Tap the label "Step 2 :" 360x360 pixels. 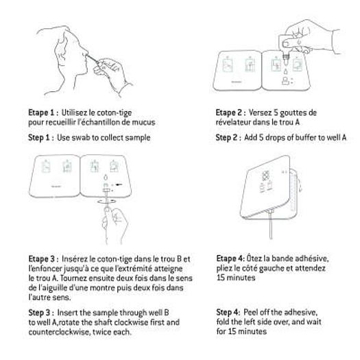pos(228,137)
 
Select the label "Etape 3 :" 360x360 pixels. pos(42,259)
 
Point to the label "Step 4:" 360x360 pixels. pos(228,312)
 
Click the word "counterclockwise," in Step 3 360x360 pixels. pos(60,332)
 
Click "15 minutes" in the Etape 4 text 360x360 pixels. pos(236,278)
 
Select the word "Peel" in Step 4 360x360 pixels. pos(249,312)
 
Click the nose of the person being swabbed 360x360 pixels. pos(84,51)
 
